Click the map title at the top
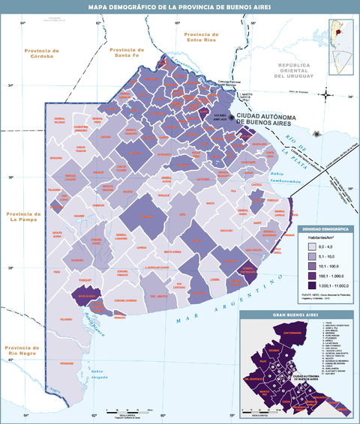pos(180,7)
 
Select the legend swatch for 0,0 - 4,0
pos(308,245)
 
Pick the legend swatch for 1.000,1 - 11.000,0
pos(308,285)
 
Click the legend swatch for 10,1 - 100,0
pos(308,265)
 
